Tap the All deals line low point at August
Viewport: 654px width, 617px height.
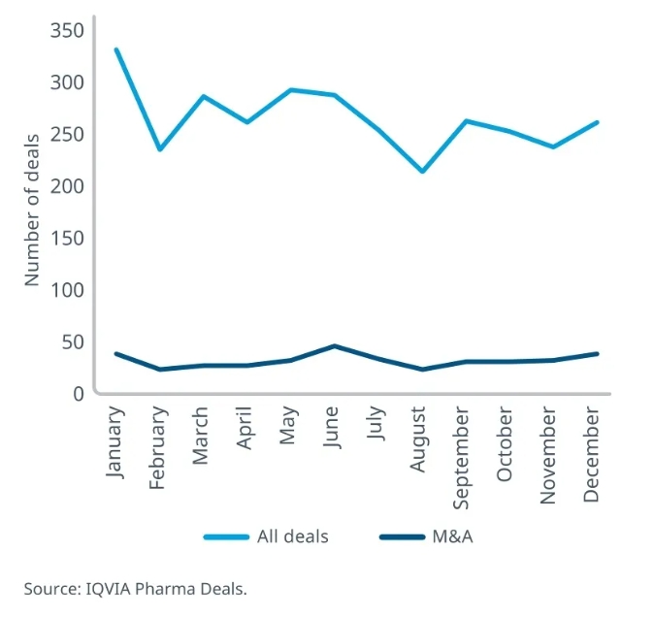pos(420,172)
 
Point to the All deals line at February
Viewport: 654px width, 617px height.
pos(159,149)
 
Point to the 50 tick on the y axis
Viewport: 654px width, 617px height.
pos(73,341)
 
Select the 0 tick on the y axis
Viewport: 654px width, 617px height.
pos(79,393)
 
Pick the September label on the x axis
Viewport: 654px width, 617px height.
pos(463,456)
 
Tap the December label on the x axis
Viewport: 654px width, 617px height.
pos(593,454)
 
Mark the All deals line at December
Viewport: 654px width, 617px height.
pos(596,122)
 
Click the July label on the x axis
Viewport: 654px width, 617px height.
pos(376,425)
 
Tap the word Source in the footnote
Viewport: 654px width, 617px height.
pos(48,588)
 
